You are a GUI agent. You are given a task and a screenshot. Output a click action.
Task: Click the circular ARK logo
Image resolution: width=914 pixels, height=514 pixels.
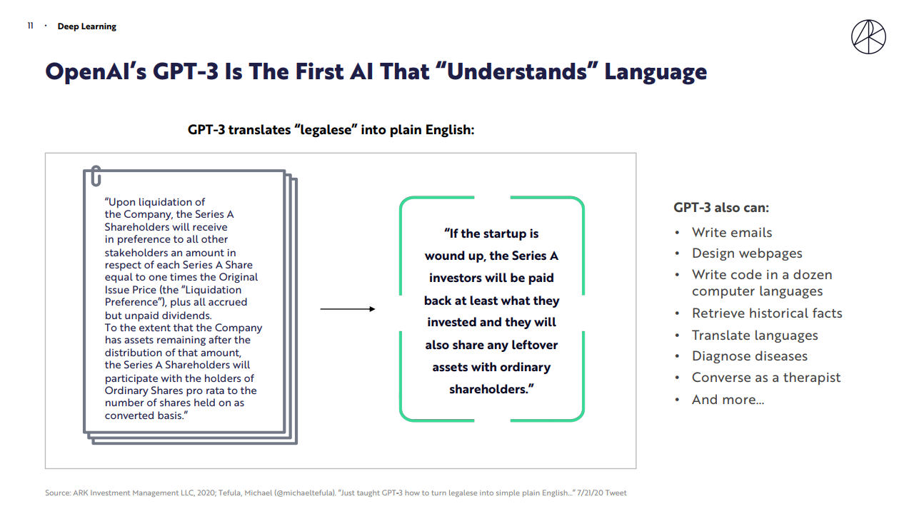pyautogui.click(x=868, y=36)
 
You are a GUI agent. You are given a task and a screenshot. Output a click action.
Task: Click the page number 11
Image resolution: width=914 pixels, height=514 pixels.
pyautogui.click(x=30, y=26)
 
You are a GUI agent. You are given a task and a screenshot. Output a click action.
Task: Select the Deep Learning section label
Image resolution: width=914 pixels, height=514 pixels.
pyautogui.click(x=87, y=26)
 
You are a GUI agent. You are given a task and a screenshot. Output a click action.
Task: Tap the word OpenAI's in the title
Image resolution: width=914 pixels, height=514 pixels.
pyautogui.click(x=96, y=71)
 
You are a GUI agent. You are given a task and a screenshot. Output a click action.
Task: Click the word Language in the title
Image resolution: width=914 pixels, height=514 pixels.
pyautogui.click(x=656, y=73)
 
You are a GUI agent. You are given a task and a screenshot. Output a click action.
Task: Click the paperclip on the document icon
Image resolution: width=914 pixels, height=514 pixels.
pyautogui.click(x=96, y=176)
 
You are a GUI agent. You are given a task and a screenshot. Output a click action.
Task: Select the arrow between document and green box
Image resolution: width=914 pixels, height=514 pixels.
pyautogui.click(x=348, y=309)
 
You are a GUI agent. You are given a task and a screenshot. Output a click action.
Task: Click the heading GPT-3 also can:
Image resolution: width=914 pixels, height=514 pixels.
pyautogui.click(x=721, y=208)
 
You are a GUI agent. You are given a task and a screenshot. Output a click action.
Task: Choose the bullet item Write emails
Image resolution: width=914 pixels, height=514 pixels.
pyautogui.click(x=732, y=233)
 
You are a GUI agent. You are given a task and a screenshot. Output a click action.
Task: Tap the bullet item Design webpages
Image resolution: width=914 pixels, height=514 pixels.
pyautogui.click(x=747, y=253)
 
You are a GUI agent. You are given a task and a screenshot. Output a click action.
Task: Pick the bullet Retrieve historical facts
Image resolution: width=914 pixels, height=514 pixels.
pyautogui.click(x=767, y=313)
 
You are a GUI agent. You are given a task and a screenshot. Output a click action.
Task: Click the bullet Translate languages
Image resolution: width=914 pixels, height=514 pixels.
pyautogui.click(x=755, y=336)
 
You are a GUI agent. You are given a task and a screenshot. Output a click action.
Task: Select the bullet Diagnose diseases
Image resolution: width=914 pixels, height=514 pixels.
pyautogui.click(x=750, y=356)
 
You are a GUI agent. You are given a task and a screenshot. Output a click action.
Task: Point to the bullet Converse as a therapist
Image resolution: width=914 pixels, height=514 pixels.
pyautogui.click(x=766, y=378)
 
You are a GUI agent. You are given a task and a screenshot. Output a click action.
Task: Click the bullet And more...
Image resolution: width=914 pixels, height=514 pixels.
pyautogui.click(x=728, y=399)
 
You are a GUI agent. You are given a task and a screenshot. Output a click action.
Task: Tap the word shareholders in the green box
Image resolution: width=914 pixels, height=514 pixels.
pyautogui.click(x=489, y=389)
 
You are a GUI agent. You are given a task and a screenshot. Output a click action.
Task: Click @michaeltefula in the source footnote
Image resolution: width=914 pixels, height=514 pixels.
pyautogui.click(x=305, y=493)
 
